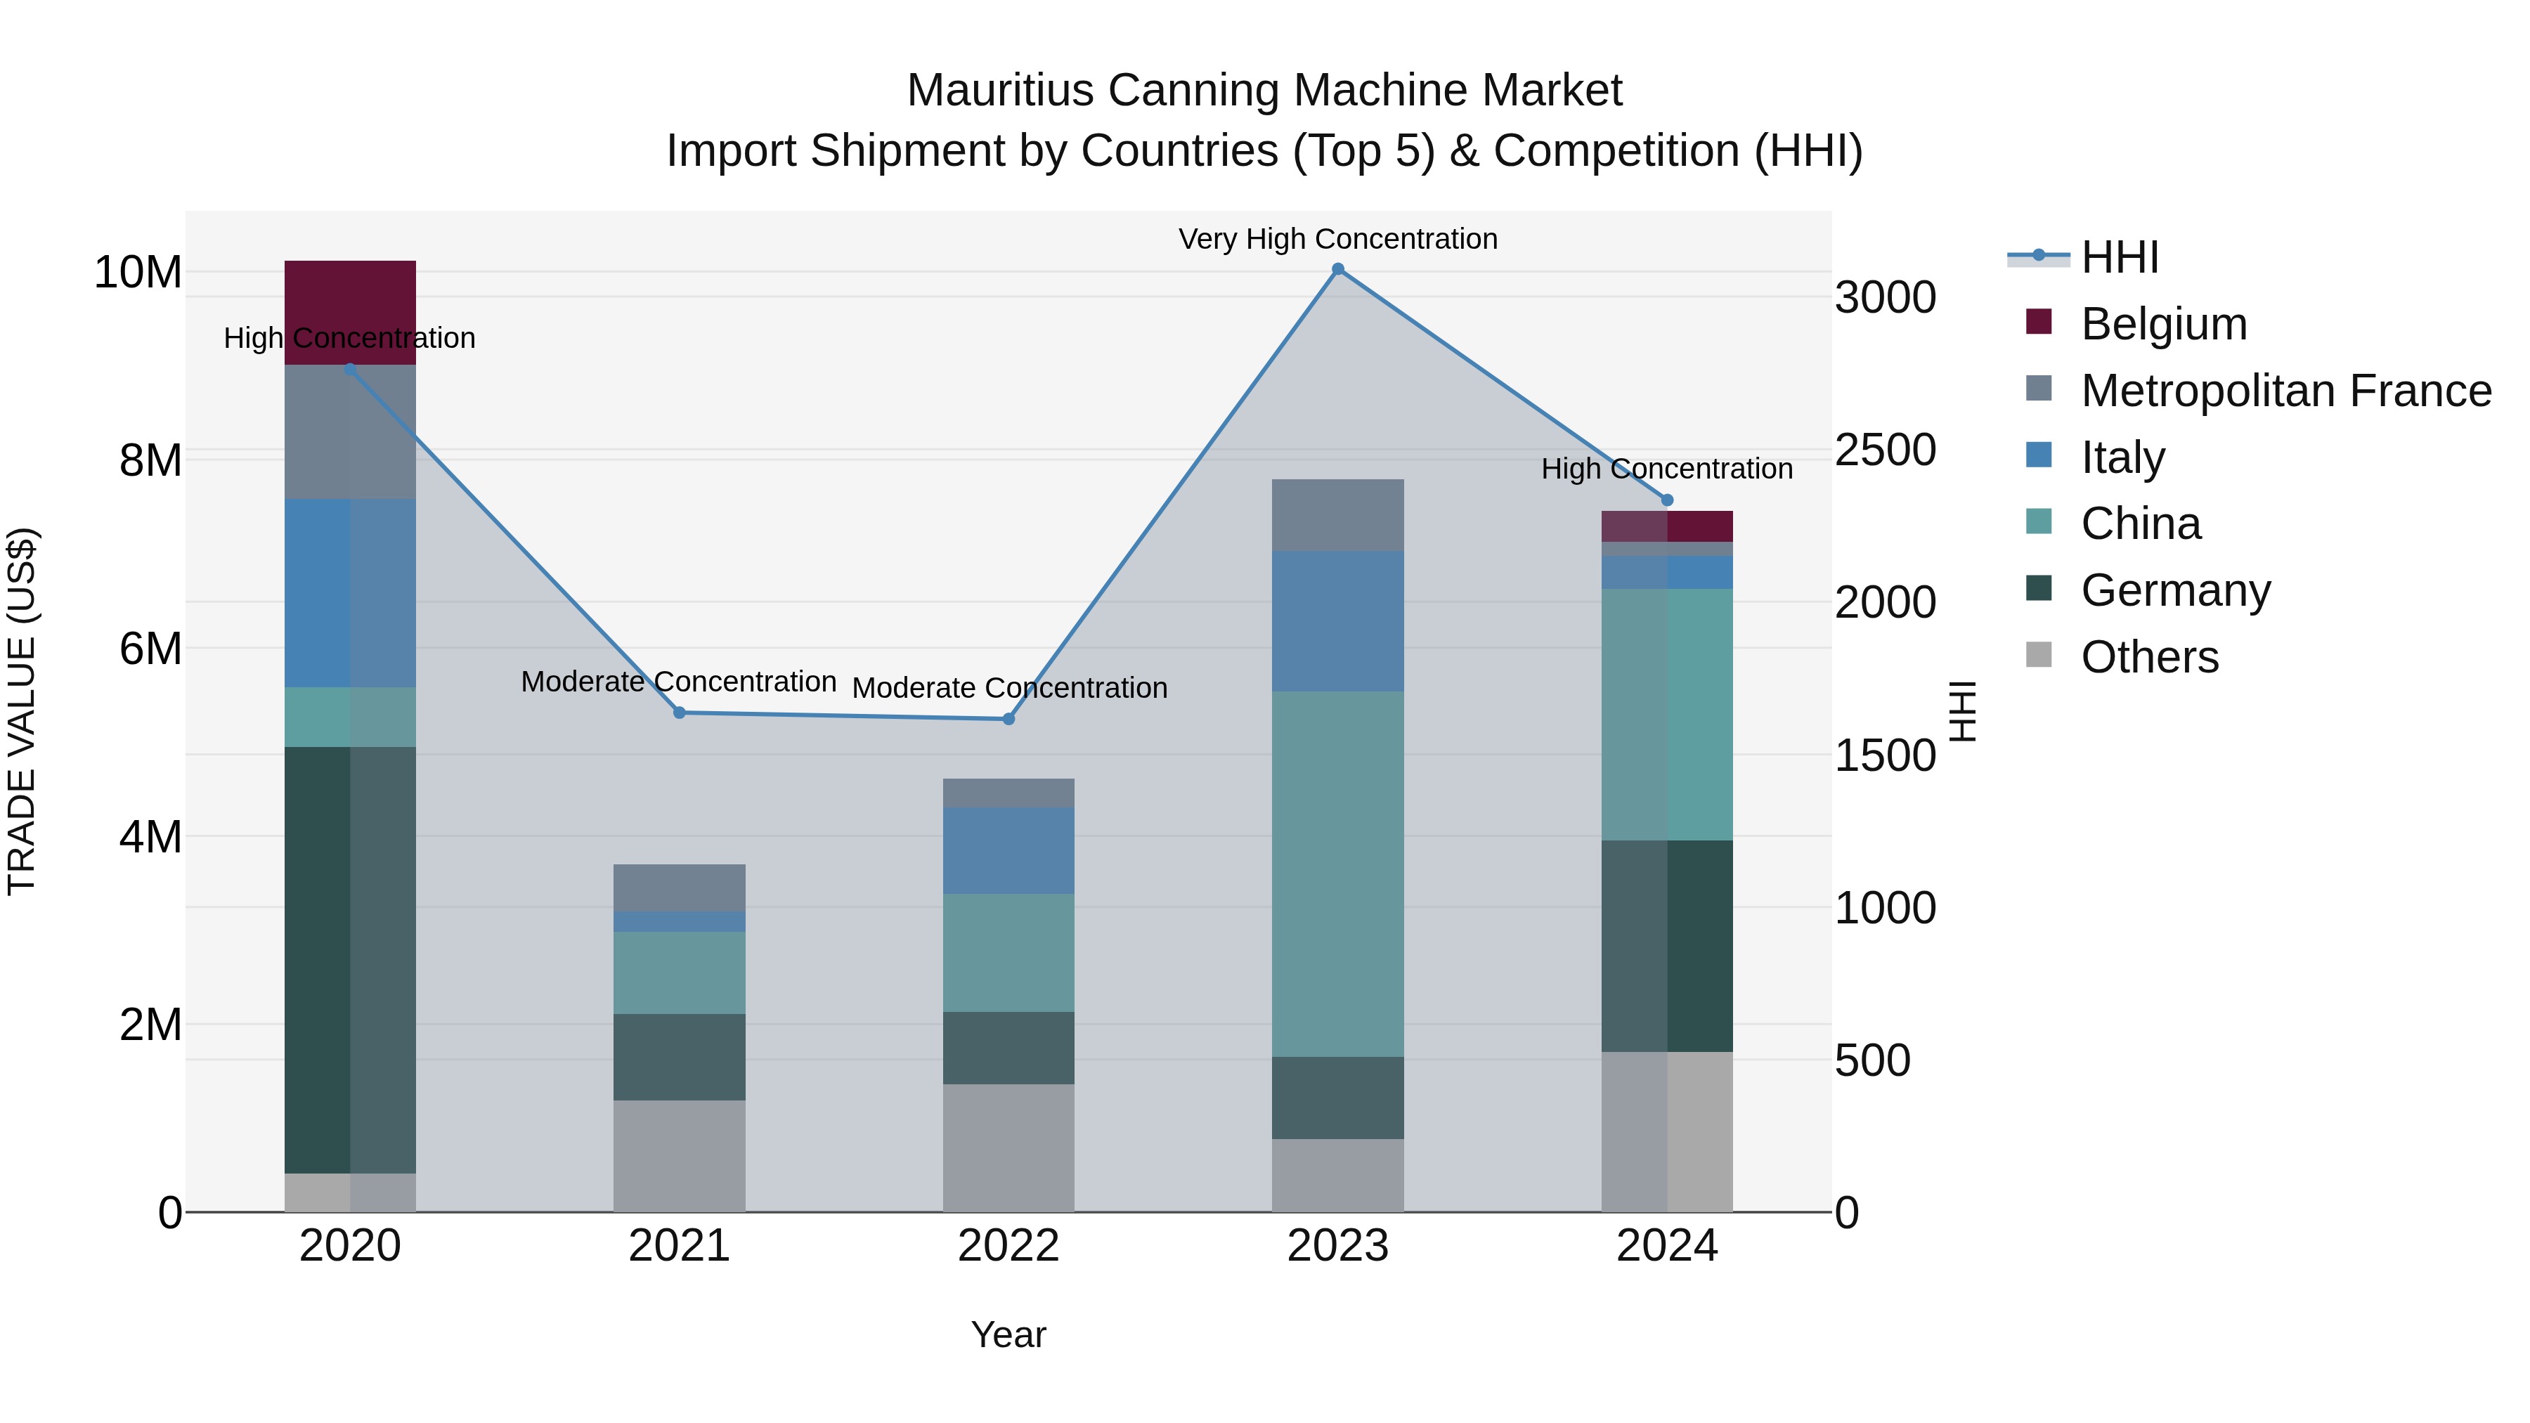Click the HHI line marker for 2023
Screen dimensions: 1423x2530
click(x=1337, y=269)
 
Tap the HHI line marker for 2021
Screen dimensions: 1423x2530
click(x=679, y=713)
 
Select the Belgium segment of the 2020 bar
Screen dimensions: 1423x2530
click(x=350, y=312)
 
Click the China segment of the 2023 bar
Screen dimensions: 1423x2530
click(x=1337, y=874)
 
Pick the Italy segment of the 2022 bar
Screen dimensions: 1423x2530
click(x=1008, y=850)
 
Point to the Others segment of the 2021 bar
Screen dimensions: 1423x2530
click(x=679, y=1156)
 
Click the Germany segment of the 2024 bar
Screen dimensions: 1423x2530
click(x=1667, y=946)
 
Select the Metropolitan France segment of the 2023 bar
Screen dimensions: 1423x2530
click(x=1337, y=516)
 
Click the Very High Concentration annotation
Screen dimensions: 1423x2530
click(x=1337, y=239)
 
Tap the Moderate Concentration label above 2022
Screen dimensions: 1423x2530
click(x=1008, y=687)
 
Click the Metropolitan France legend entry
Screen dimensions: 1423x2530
click(x=2285, y=391)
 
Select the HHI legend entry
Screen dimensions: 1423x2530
click(x=2120, y=257)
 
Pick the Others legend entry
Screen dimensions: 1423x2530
click(x=2149, y=657)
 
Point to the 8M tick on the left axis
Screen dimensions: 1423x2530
click(x=150, y=460)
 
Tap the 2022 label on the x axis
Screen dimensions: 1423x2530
click(x=1008, y=1246)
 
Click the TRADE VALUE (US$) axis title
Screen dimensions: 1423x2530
click(x=22, y=711)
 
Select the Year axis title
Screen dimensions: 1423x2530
click(x=1008, y=1334)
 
